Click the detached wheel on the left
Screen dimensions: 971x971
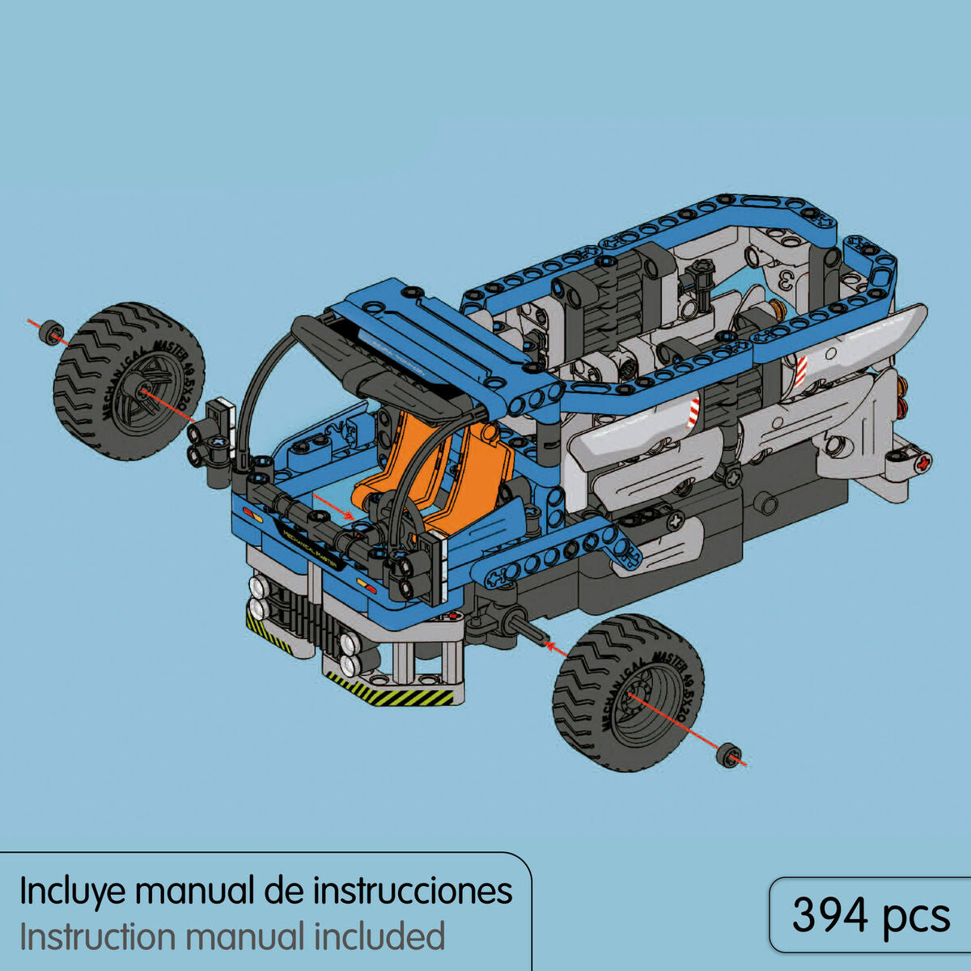(x=129, y=382)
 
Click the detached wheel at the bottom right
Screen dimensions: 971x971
(x=628, y=692)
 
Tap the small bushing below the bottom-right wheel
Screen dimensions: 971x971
(x=731, y=754)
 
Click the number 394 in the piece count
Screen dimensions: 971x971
(x=829, y=915)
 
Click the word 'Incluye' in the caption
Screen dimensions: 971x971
(x=72, y=892)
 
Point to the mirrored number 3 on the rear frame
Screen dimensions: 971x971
(x=783, y=280)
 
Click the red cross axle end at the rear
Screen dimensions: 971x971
(x=922, y=463)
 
